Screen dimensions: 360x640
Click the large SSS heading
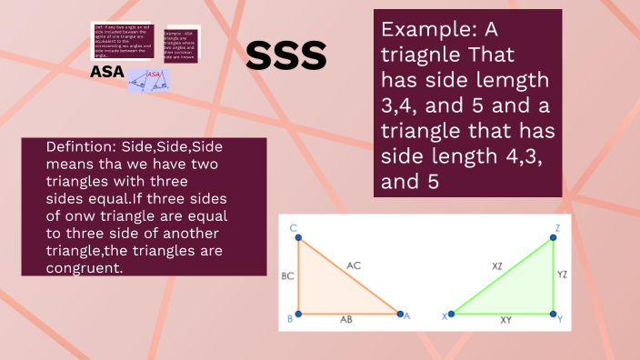coord(286,56)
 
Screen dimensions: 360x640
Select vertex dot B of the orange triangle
coord(299,315)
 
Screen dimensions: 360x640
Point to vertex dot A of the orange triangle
coord(399,315)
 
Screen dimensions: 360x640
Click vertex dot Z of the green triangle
coord(553,240)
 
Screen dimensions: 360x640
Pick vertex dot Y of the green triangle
coord(553,315)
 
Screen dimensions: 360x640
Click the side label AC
coord(354,265)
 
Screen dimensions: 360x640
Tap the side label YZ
coord(563,274)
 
